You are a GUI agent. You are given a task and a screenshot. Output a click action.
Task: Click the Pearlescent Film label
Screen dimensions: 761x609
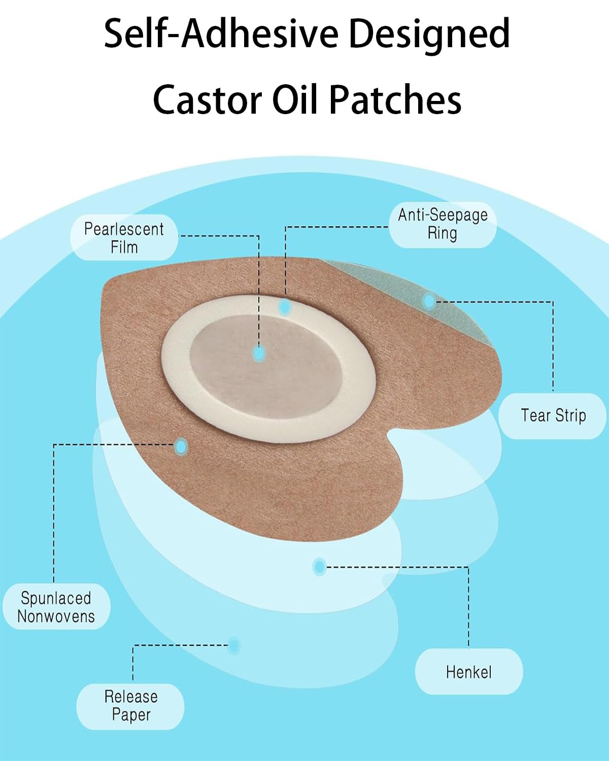[x=124, y=238]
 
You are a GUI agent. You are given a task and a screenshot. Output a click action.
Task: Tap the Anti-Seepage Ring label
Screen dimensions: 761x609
[x=442, y=224]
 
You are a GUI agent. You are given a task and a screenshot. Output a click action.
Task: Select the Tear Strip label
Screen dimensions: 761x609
[x=553, y=416]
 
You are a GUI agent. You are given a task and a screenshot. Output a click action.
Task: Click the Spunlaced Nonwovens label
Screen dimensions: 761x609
[x=56, y=607]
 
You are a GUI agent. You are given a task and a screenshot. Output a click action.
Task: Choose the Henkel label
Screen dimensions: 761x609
[x=468, y=672]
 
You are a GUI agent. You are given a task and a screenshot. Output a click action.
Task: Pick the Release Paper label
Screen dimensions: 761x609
[x=130, y=706]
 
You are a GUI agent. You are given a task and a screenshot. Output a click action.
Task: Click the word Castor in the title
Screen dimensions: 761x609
[x=207, y=99]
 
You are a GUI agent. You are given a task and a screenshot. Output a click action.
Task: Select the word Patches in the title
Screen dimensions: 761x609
[x=395, y=99]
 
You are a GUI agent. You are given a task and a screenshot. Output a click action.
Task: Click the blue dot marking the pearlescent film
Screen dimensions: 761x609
[x=259, y=353]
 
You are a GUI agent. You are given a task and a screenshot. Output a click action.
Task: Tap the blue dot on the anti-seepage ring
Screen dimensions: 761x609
[x=285, y=306]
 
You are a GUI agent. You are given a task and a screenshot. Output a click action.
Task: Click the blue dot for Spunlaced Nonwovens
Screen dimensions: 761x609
[x=181, y=446]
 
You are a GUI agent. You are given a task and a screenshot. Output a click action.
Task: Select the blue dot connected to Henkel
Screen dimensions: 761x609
[x=319, y=566]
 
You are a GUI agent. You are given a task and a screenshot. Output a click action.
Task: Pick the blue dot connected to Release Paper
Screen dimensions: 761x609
[x=234, y=645]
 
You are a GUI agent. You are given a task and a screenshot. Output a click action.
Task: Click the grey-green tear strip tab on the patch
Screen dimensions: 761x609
[x=406, y=289]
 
